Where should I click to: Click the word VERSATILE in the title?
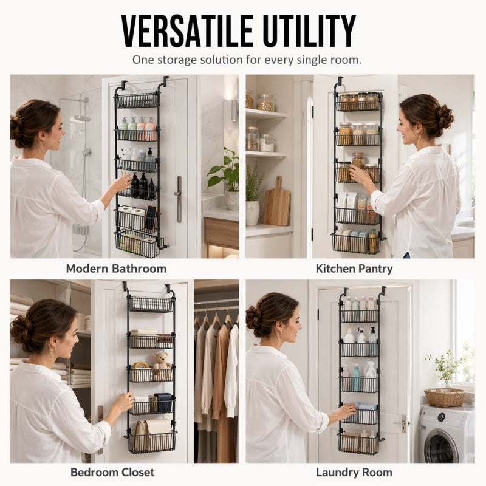pos(188,31)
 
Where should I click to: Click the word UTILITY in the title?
pos(309,31)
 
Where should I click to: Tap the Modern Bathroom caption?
pos(116,269)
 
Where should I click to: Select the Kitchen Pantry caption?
pos(354,269)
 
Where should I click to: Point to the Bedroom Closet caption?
pos(112,473)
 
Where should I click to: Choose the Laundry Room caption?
pos(354,473)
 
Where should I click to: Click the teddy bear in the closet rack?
pos(162,361)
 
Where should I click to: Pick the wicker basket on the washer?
pos(445,397)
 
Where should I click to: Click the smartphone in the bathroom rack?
pos(151,218)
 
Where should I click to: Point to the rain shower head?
pos(82,118)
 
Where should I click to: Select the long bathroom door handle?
pos(179,199)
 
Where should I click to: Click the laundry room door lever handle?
pos(402,423)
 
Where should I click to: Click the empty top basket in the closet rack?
pos(151,304)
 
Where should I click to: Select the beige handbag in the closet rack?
pos(153,434)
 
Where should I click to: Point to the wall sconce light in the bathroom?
pos(233,109)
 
